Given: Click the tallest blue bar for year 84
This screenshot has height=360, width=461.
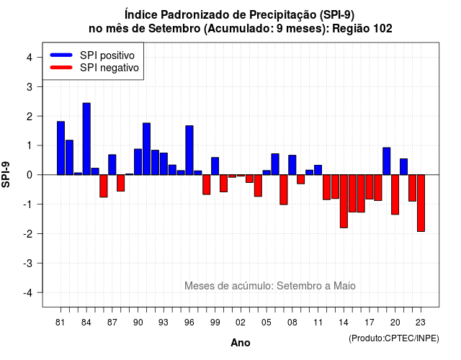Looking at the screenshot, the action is click(x=86, y=139).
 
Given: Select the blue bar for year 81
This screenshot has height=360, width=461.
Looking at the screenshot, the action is click(x=61, y=148).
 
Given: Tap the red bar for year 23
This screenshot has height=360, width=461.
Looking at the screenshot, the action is click(x=421, y=203).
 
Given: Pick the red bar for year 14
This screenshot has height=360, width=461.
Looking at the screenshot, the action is click(x=344, y=202).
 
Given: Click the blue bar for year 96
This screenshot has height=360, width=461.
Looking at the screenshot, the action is click(x=189, y=150).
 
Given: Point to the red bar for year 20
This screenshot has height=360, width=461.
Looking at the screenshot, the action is click(x=395, y=194).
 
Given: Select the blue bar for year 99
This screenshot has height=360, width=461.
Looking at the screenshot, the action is click(x=215, y=166).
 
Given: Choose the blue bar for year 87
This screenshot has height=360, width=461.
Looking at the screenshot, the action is click(x=112, y=165).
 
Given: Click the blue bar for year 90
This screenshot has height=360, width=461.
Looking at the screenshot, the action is click(x=138, y=162).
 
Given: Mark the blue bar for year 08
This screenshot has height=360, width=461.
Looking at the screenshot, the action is click(x=292, y=165).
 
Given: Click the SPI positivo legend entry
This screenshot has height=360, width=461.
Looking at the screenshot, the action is click(x=92, y=55).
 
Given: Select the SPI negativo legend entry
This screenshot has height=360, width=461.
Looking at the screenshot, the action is click(x=94, y=68).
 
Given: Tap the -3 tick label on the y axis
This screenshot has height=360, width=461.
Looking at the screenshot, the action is click(x=28, y=263).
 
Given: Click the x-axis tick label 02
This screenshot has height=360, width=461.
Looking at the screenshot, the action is click(x=241, y=323).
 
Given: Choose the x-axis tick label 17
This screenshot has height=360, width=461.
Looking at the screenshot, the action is click(x=370, y=323).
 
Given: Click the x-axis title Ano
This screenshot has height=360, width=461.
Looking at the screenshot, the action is click(x=241, y=343).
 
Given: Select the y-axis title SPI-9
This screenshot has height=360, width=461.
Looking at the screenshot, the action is click(x=6, y=174).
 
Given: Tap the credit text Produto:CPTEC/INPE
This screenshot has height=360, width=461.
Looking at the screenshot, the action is click(x=394, y=338).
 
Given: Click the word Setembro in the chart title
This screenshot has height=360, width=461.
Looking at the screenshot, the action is click(x=174, y=29).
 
